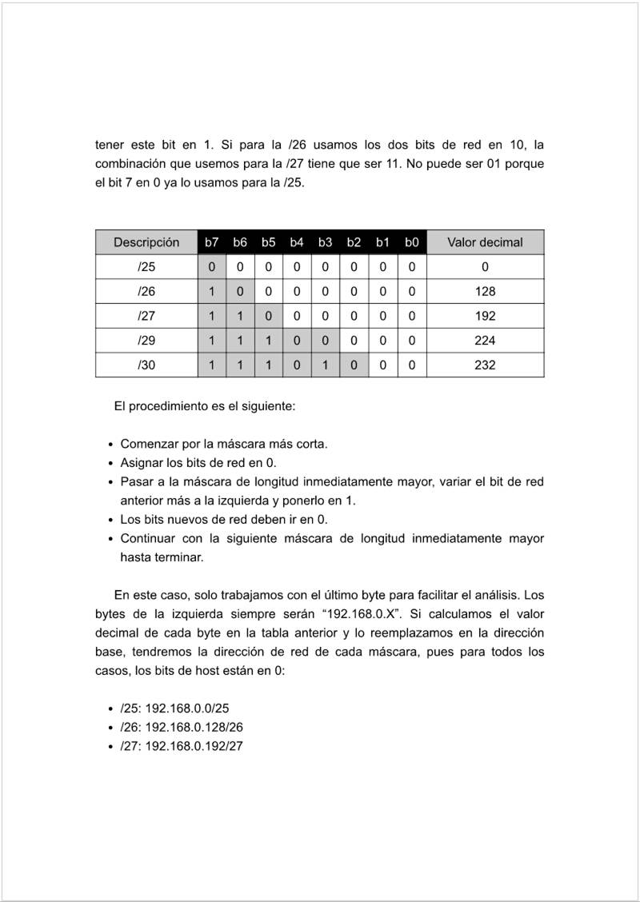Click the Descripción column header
click(x=146, y=242)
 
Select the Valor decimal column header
click(x=485, y=242)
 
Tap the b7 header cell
click(x=212, y=242)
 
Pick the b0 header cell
click(x=411, y=242)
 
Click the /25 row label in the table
click(x=146, y=267)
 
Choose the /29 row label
click(x=146, y=341)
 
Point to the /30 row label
click(x=146, y=365)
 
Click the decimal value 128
click(x=485, y=292)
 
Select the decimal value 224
click(x=485, y=341)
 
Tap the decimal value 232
click(x=485, y=365)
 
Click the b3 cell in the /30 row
click(x=326, y=365)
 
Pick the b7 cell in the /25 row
click(x=212, y=267)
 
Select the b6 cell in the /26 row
click(x=240, y=292)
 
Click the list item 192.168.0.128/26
click(x=182, y=727)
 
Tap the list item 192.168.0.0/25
click(x=175, y=708)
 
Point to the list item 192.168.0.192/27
click(x=182, y=746)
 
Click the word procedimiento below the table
click(x=169, y=406)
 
